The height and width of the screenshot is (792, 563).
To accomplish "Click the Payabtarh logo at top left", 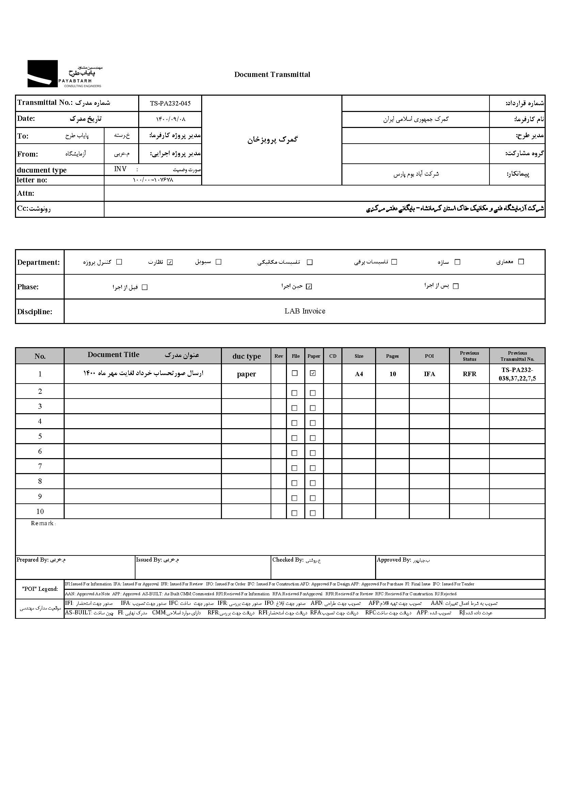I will point(64,74).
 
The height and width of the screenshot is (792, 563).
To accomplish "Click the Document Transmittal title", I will point(272,75).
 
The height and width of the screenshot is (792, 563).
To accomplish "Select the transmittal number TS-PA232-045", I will point(170,103).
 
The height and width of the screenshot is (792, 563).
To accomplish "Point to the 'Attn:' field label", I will point(26,193).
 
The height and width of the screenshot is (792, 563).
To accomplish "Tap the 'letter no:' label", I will point(32,180).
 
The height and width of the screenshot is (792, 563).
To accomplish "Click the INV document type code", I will point(120,169).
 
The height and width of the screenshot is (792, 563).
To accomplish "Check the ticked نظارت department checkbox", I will point(170,262).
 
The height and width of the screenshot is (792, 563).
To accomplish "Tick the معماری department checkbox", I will point(521,262).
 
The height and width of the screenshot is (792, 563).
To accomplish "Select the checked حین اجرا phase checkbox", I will point(309,287).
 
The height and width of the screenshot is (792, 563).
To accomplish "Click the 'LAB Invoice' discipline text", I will point(305,311).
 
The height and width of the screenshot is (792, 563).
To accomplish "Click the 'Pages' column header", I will point(392,356).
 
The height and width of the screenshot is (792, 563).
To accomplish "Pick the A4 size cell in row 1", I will point(359,374).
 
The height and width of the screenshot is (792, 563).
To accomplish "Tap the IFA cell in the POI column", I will point(429,374).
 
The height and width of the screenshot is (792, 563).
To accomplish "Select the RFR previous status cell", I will point(469,374).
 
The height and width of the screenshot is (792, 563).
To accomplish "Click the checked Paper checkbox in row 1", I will point(313,373).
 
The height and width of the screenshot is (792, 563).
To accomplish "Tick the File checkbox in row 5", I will point(295,438).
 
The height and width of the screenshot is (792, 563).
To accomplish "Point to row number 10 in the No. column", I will point(40,512).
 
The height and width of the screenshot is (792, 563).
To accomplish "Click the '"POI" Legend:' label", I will point(40,589).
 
